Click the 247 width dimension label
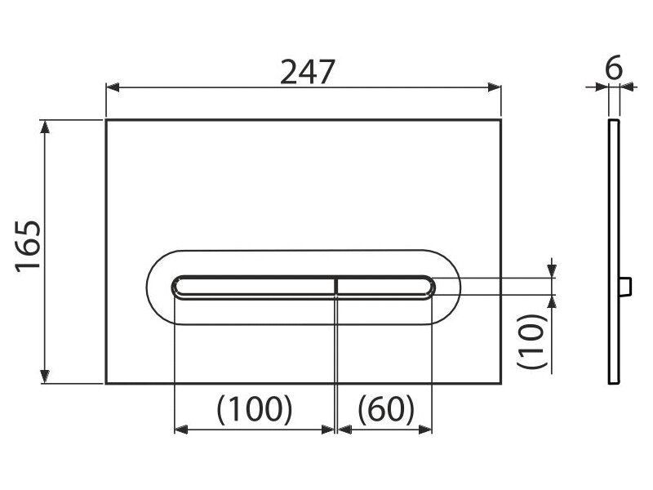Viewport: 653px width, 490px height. pyautogui.click(x=308, y=72)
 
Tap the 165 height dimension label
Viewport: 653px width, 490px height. pyautogui.click(x=29, y=247)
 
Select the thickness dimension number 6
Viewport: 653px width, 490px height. pyautogui.click(x=614, y=68)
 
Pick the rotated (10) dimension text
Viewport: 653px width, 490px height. pyautogui.click(x=531, y=341)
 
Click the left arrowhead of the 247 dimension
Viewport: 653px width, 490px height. pyautogui.click(x=113, y=87)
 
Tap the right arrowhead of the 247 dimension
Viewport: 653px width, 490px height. pyautogui.click(x=495, y=87)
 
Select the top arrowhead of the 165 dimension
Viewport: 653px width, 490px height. pyautogui.click(x=45, y=127)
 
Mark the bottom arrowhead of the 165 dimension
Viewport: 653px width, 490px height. pyautogui.click(x=45, y=376)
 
